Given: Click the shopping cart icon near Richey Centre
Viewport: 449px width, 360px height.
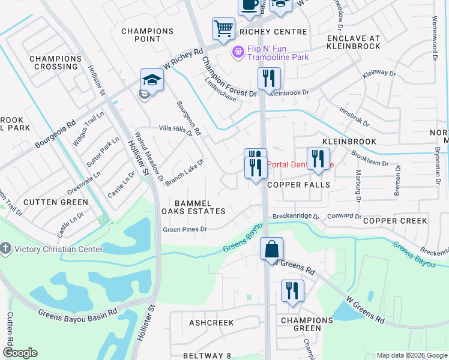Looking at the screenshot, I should pyautogui.click(x=223, y=28).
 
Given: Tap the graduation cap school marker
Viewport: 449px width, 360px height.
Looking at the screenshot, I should pyautogui.click(x=152, y=80).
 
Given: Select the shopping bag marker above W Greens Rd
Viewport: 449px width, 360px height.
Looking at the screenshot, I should pyautogui.click(x=271, y=248).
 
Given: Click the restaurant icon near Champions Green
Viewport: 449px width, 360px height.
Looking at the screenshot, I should pyautogui.click(x=292, y=291).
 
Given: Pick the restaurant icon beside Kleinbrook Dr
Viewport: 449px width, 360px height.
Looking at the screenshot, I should pyautogui.click(x=269, y=78).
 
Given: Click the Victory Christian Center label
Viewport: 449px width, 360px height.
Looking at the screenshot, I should pyautogui.click(x=52, y=248).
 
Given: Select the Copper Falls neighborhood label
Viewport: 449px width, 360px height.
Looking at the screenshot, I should pyautogui.click(x=299, y=185).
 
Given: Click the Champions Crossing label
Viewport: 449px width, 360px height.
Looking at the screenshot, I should pyautogui.click(x=55, y=62).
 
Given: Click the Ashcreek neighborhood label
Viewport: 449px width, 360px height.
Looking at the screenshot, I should pyautogui.click(x=211, y=323).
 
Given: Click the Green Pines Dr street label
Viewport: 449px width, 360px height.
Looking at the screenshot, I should pyautogui.click(x=185, y=229).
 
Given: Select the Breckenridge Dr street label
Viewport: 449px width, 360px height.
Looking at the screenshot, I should pyautogui.click(x=296, y=216).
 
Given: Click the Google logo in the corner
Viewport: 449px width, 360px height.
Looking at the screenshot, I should pyautogui.click(x=19, y=353).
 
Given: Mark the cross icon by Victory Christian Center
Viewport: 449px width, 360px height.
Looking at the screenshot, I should pyautogui.click(x=6, y=248).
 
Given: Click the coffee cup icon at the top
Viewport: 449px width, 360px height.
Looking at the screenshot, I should pyautogui.click(x=249, y=5).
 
